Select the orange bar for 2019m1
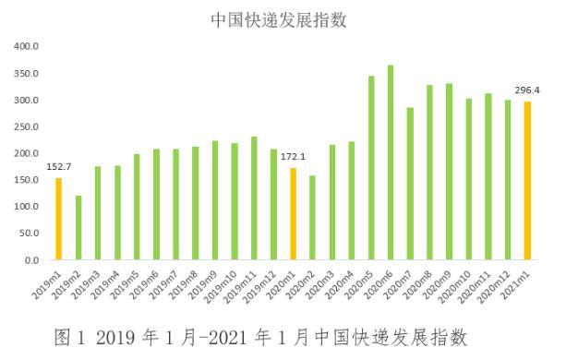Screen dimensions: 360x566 [x=58, y=219]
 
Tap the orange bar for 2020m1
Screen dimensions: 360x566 [x=293, y=213]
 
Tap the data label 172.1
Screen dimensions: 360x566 [x=293, y=157]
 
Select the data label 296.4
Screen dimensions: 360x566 [x=528, y=90]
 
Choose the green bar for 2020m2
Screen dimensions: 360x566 [x=312, y=218]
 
